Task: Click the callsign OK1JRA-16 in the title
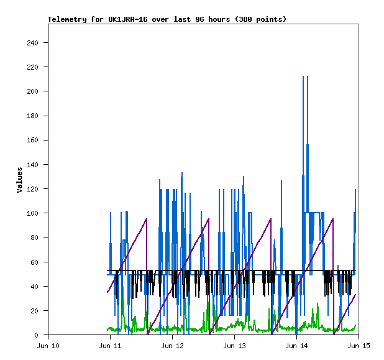(127, 19)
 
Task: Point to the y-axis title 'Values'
(19, 180)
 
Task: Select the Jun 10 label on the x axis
(48, 346)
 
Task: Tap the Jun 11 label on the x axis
(110, 346)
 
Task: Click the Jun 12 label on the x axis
(172, 346)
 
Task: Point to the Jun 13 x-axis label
(234, 346)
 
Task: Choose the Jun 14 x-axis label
(296, 346)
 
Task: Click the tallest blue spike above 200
(303, 77)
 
